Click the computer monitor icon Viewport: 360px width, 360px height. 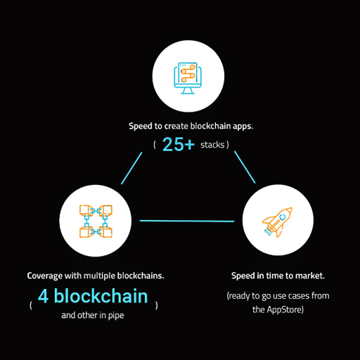[x=188, y=78]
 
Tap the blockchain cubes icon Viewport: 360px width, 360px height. [x=96, y=221]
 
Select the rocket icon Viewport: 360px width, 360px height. [x=277, y=222]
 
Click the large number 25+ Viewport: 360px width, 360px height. [x=179, y=144]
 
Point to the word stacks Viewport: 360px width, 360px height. [x=212, y=145]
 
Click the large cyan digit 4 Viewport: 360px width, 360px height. [x=44, y=296]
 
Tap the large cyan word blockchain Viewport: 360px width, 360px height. [x=101, y=296]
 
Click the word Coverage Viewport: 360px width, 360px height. [x=45, y=276]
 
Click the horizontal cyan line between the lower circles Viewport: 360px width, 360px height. [x=187, y=221]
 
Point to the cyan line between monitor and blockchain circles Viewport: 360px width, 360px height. [x=131, y=168]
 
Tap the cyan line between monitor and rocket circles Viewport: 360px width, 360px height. [x=245, y=167]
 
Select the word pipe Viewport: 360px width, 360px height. [x=116, y=316]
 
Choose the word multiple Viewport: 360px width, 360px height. [x=99, y=276]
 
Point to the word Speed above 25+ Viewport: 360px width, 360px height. [x=141, y=127]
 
